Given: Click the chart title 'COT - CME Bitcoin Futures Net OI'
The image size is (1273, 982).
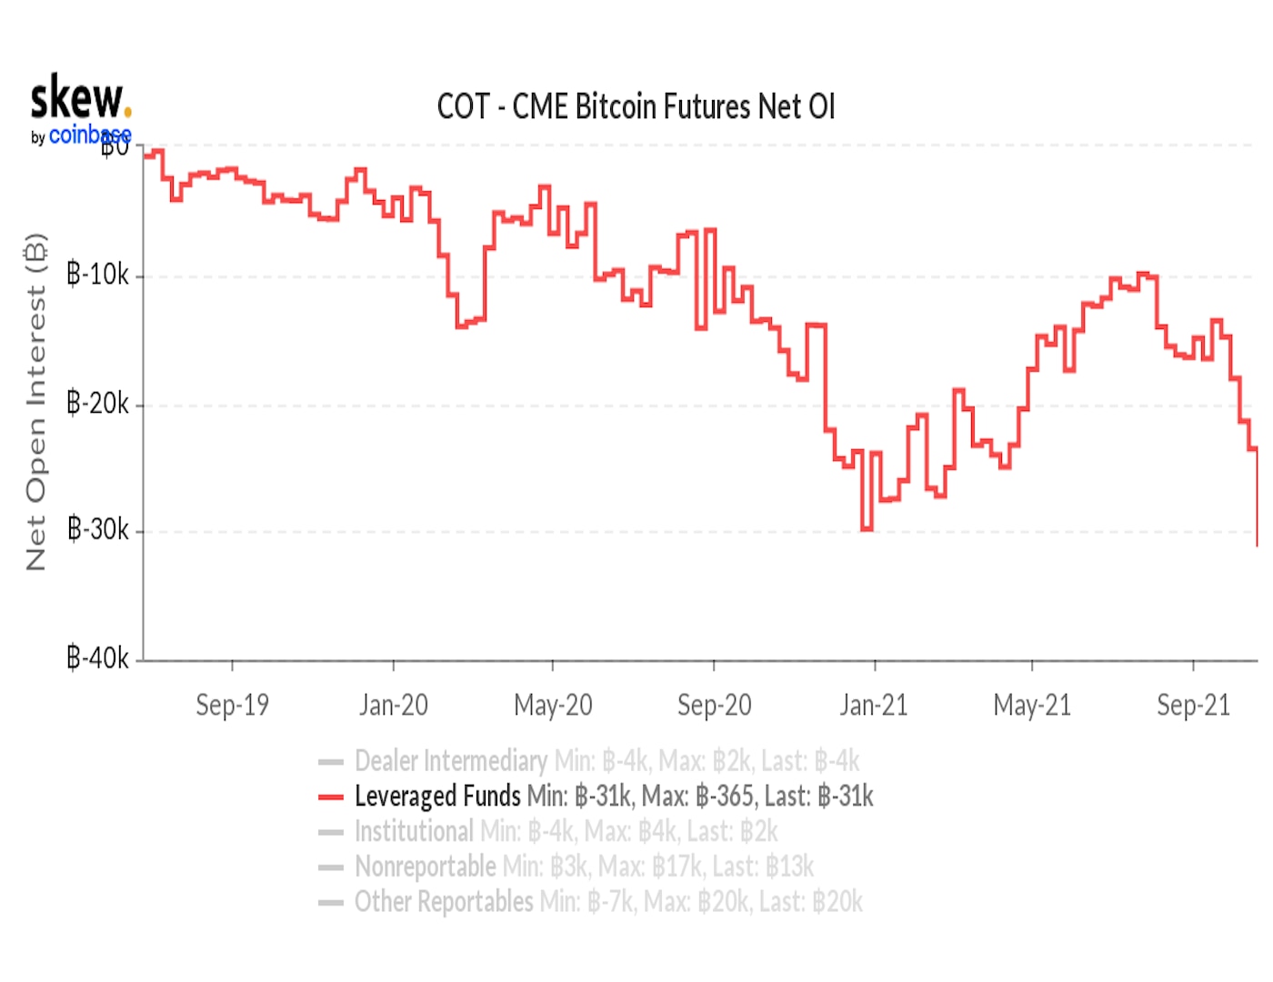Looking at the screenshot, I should (636, 107).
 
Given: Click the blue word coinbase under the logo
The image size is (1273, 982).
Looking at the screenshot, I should (89, 135).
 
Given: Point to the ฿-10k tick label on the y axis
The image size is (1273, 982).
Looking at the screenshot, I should (98, 275).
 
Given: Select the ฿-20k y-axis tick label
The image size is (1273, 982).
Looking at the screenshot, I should (98, 403).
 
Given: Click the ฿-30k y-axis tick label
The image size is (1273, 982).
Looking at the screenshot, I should (98, 529).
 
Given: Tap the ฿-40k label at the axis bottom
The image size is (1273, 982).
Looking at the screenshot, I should (98, 656).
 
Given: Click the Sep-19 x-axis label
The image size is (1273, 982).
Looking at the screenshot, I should (232, 705).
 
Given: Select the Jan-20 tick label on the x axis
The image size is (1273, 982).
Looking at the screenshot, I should (393, 705).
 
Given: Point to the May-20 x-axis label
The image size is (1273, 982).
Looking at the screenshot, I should (553, 705).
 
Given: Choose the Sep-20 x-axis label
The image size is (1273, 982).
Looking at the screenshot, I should (714, 705).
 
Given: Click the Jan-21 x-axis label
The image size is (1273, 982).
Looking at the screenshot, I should (874, 705).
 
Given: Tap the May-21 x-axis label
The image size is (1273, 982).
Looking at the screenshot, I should (1032, 705).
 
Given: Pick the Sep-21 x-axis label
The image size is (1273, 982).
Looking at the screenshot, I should (1193, 705).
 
